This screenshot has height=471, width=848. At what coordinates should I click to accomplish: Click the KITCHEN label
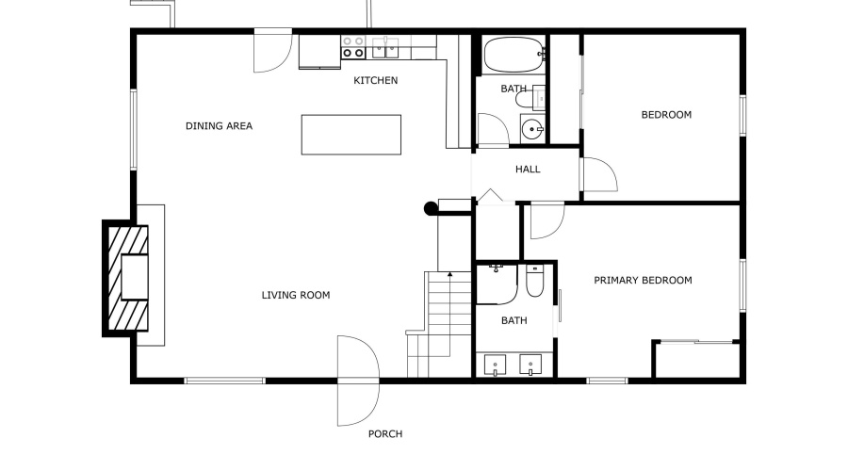pyautogui.click(x=375, y=81)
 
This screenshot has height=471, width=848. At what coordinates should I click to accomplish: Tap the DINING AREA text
pyautogui.click(x=219, y=126)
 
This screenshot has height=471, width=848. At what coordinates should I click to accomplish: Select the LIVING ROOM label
pyautogui.click(x=295, y=295)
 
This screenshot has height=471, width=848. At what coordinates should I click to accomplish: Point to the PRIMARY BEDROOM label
pyautogui.click(x=643, y=281)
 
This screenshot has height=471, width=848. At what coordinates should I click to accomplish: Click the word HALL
pyautogui.click(x=528, y=170)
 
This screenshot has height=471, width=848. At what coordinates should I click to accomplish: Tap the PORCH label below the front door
pyautogui.click(x=384, y=434)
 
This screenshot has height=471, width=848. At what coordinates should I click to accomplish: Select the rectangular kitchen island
pyautogui.click(x=351, y=134)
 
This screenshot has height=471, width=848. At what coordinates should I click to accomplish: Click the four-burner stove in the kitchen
pyautogui.click(x=353, y=47)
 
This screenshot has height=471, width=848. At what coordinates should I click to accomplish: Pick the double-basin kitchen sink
pyautogui.click(x=384, y=47)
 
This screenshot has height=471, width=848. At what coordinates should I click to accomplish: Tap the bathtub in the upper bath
pyautogui.click(x=513, y=55)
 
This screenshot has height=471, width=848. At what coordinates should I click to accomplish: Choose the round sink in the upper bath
pyautogui.click(x=533, y=130)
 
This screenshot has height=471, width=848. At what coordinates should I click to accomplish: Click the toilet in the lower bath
pyautogui.click(x=534, y=282)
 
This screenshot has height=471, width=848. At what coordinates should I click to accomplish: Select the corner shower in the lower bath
pyautogui.click(x=495, y=284)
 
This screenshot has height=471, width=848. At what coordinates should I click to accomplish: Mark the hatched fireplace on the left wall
pyautogui.click(x=125, y=277)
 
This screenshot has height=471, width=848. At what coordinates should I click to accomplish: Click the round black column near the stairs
pyautogui.click(x=431, y=209)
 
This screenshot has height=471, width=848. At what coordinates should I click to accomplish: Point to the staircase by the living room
pyautogui.click(x=439, y=320)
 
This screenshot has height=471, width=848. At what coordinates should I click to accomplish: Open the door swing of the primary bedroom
pyautogui.click(x=545, y=219)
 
